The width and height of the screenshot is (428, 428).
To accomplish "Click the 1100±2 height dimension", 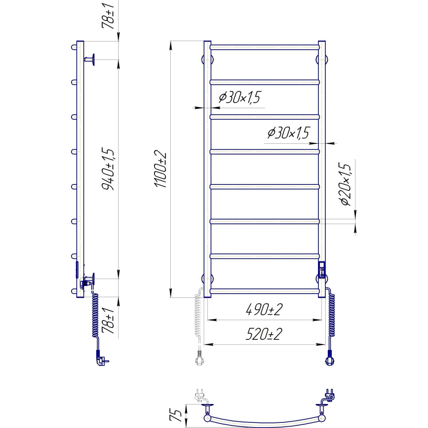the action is point(160,169).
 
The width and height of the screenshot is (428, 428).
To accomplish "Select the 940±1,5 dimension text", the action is point(108,169).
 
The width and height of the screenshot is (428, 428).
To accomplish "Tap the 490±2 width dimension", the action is point(264,309).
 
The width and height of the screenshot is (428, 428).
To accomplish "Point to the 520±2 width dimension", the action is point(264,334).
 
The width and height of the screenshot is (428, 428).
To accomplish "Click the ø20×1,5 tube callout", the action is point(344,184).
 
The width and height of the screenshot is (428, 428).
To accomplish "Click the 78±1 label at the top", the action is point(108,15).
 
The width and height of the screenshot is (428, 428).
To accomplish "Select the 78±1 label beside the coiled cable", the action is point(108,321).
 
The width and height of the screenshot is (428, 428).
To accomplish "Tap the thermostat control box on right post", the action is point(322,270).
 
